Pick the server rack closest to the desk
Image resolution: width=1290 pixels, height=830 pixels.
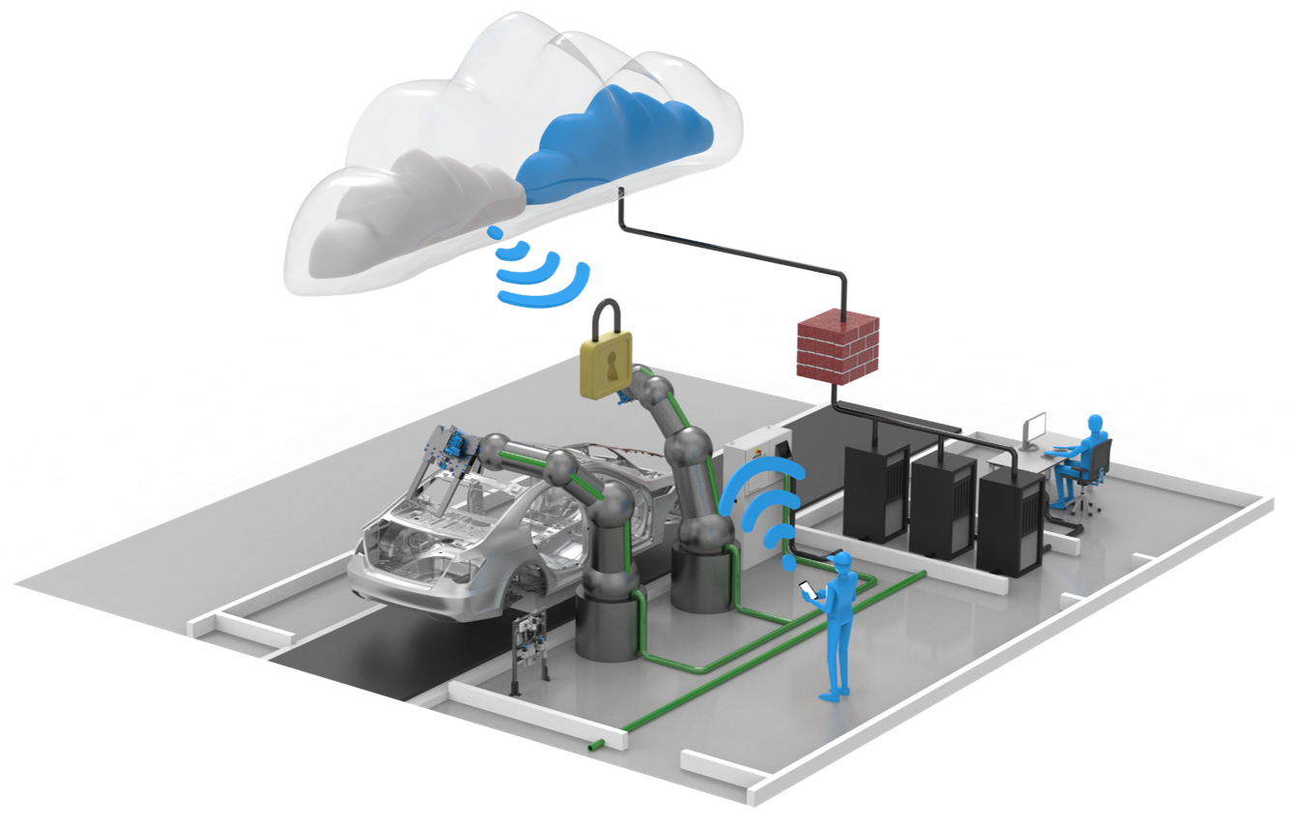[1011, 522]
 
